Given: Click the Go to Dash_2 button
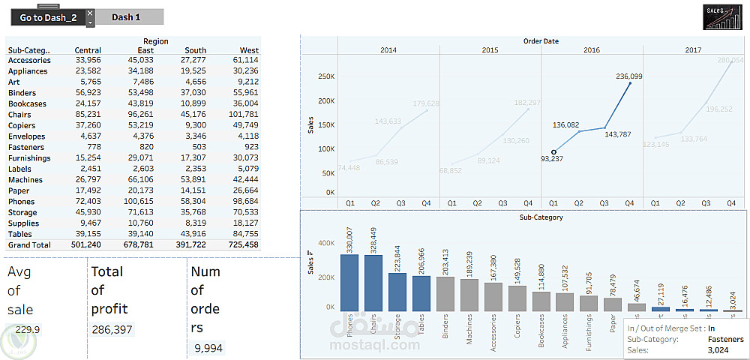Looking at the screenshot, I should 48,17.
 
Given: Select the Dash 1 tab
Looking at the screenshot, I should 126,17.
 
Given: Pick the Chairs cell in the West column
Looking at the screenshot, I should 245,115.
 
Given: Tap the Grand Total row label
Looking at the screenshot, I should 29,245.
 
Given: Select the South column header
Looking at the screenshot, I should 195,50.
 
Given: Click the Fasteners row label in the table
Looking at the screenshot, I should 26,147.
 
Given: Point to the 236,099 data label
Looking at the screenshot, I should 629,76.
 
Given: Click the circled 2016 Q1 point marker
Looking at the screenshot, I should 553,152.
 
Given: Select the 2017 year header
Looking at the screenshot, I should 693,49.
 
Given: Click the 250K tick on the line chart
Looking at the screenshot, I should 325,76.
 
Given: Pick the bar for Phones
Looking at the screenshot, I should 349,283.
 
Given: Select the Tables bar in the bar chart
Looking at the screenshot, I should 421,293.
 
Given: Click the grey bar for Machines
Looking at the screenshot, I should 469,295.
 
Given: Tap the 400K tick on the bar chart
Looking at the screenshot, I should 325,244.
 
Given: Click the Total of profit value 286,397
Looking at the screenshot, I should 112,329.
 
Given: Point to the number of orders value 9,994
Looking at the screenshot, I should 207,348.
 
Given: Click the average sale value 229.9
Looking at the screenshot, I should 27,329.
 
